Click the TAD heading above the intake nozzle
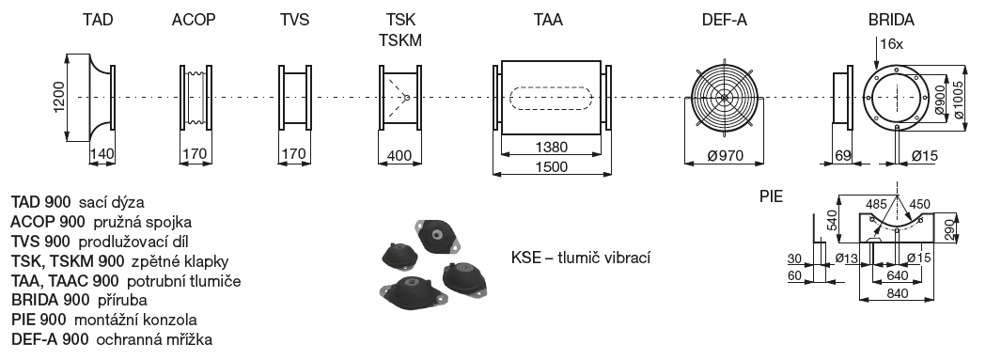tap(98, 20)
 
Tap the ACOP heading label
tap(194, 20)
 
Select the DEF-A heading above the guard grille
tap(725, 20)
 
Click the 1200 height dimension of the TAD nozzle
tap(59, 98)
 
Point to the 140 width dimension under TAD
tap(102, 153)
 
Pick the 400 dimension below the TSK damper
tap(399, 154)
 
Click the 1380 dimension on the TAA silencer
tap(551, 148)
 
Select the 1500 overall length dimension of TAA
tap(551, 166)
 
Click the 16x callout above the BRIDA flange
tap(892, 44)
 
